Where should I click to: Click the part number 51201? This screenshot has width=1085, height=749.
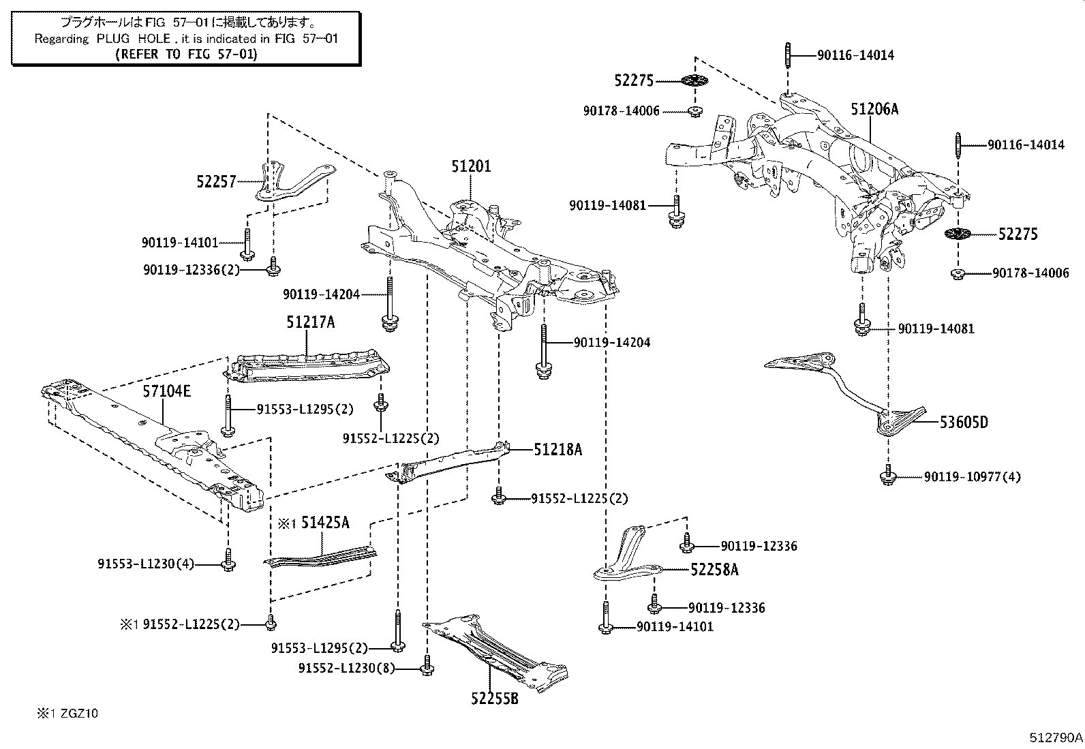[x=471, y=166]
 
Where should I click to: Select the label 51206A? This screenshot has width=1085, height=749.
[x=874, y=109]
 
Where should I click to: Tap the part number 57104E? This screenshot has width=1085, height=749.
[x=167, y=391]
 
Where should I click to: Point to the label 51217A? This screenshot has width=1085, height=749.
[x=311, y=322]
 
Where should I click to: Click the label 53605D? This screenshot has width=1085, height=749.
[x=964, y=423]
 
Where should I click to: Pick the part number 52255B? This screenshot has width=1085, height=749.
[x=494, y=698]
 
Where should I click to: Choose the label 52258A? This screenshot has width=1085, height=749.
[x=714, y=570]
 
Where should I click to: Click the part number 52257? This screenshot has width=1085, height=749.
[x=216, y=181]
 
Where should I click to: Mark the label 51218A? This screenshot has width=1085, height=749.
[x=557, y=450]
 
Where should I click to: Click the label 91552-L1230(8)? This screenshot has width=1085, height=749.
[x=346, y=669]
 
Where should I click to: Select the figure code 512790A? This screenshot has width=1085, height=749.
[x=1056, y=737]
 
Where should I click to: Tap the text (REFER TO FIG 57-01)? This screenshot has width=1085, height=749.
[x=187, y=55]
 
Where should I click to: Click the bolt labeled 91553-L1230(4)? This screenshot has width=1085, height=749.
[x=229, y=563]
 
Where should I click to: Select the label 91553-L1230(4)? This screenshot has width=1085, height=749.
[x=146, y=564]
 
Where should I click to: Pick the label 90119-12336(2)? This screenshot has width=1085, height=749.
[x=192, y=270]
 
